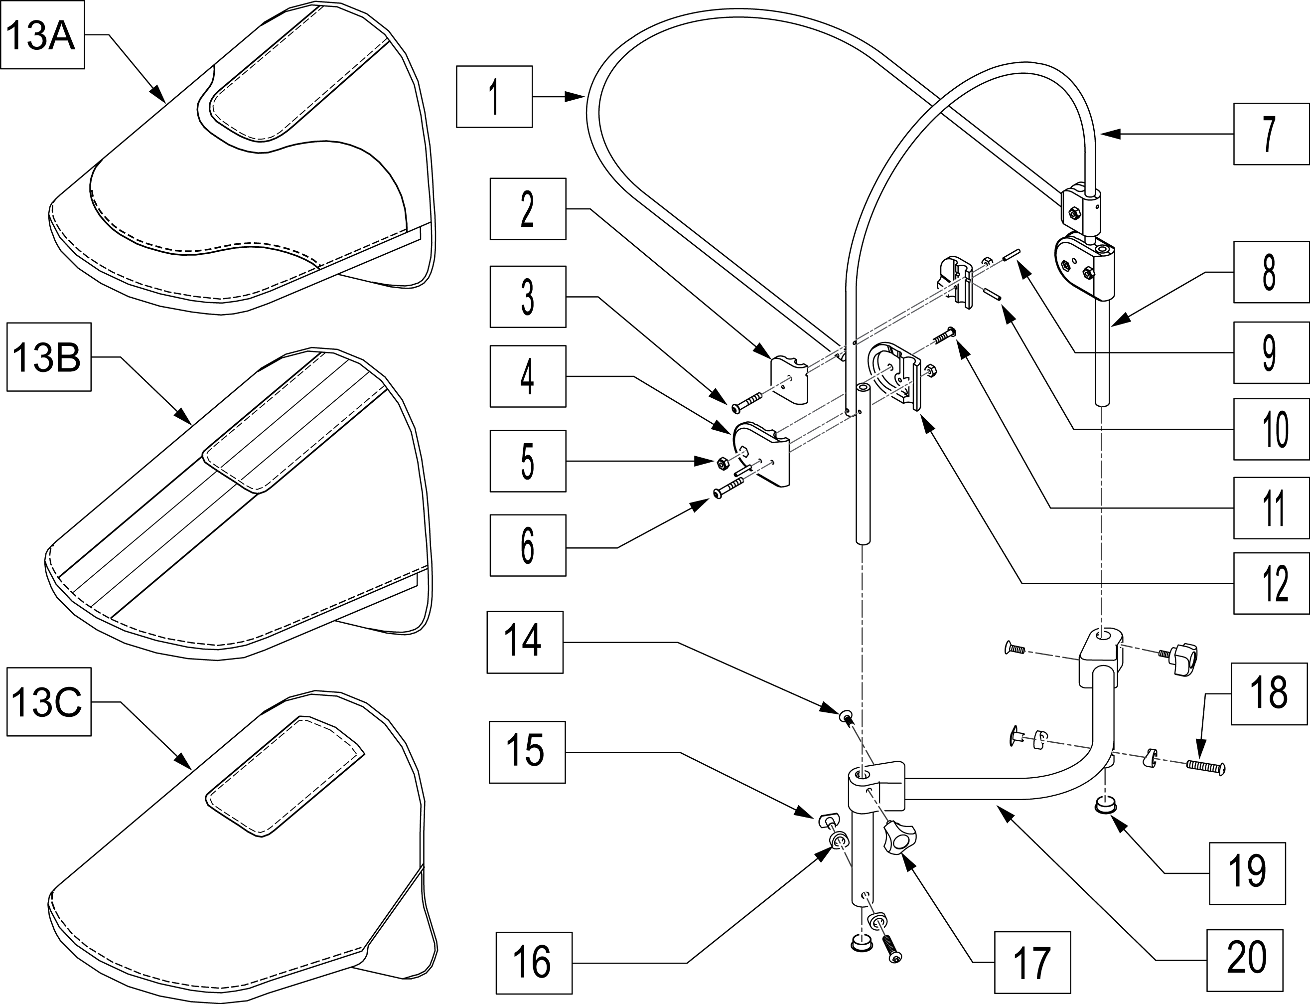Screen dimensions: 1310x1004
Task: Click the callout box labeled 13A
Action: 42,35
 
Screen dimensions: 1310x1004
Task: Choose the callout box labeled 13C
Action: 49,701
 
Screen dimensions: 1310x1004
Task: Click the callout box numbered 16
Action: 534,963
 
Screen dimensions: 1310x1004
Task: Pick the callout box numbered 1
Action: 494,97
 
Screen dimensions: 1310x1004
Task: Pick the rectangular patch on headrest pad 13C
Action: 285,776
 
